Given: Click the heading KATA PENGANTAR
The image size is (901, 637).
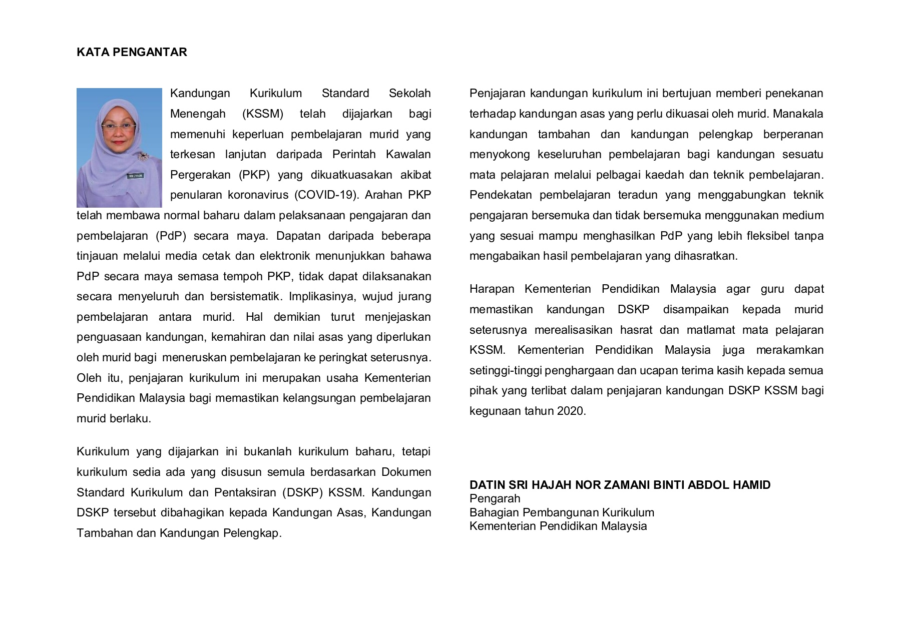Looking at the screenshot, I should (x=132, y=53).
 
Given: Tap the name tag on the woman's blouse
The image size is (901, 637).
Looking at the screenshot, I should (x=136, y=176).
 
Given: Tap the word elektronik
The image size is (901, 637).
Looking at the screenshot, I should (x=288, y=256).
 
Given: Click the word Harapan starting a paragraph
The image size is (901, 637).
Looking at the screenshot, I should (x=492, y=289).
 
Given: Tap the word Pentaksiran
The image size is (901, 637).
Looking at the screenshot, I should (x=245, y=493).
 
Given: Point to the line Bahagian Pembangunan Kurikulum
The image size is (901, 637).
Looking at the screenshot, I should (x=562, y=513).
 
